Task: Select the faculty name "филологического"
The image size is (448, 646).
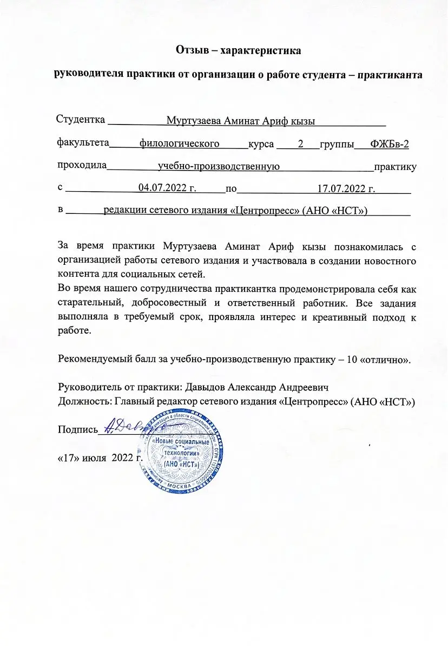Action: (x=179, y=143)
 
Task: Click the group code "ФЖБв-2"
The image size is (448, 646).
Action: (x=390, y=143)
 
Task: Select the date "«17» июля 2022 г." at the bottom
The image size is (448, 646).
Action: (x=100, y=458)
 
